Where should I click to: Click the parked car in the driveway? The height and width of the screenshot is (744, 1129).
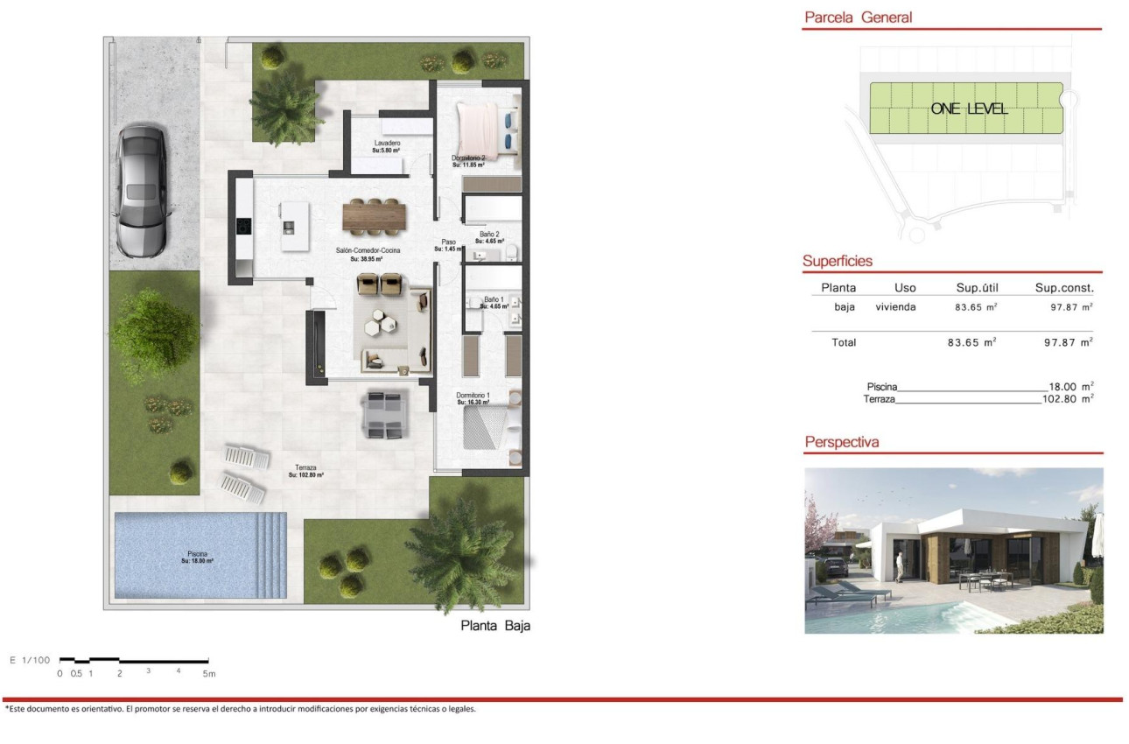[x=141, y=191]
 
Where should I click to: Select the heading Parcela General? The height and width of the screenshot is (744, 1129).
[x=858, y=18]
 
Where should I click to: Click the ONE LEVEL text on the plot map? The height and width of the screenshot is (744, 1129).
[x=969, y=109]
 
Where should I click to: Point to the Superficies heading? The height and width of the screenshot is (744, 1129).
[x=838, y=261]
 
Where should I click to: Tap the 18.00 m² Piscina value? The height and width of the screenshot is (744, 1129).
[x=1070, y=386]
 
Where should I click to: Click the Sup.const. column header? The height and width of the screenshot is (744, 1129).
[x=1064, y=287]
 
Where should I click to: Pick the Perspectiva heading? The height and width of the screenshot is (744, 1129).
[x=841, y=443]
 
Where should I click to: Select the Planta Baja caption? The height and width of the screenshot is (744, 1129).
[x=495, y=626]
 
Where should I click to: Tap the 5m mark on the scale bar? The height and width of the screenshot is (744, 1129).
[x=208, y=673]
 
